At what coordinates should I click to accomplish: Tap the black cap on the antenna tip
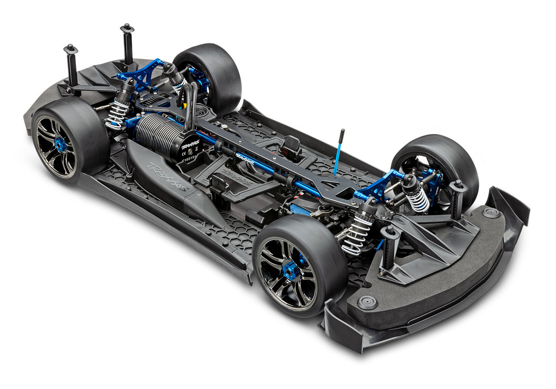click(x=342, y=132)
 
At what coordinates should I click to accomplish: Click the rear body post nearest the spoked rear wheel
click(x=71, y=65)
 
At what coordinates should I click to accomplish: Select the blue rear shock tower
click(x=141, y=76)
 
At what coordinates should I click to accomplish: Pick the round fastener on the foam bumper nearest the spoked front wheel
click(x=367, y=301)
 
